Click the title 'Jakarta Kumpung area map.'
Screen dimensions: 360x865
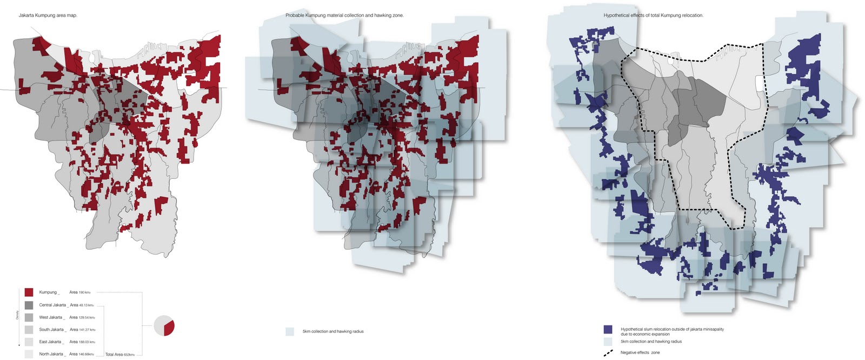(48, 15)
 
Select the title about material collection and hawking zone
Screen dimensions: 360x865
(344, 15)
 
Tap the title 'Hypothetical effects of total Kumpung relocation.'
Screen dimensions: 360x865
(653, 15)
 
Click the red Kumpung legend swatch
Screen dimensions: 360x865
(29, 292)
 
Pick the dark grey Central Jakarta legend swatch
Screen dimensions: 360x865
(29, 305)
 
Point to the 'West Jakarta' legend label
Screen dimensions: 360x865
(51, 317)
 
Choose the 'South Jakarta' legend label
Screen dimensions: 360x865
(51, 330)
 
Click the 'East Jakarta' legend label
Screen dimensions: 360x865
(50, 342)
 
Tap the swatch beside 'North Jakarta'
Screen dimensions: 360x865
(29, 354)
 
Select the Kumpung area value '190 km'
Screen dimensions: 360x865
(79, 292)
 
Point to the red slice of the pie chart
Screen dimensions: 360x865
(169, 328)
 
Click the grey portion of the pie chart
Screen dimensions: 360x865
(161, 325)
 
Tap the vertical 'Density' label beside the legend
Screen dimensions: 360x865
(17, 315)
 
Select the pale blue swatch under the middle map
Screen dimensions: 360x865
(290, 331)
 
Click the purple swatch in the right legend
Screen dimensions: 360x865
(608, 329)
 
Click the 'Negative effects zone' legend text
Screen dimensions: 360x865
(640, 352)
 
